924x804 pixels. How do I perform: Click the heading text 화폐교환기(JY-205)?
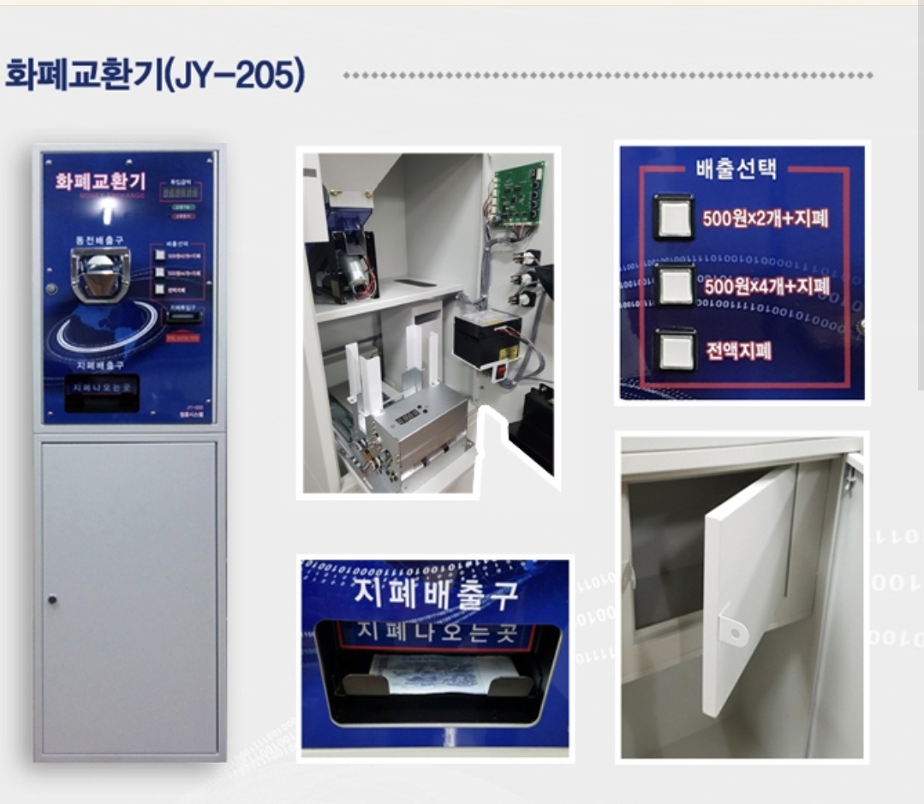(155, 76)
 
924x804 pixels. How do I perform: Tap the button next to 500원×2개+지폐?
(672, 215)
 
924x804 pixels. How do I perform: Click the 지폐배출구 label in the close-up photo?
(435, 593)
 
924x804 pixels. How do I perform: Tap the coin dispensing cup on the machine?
(100, 272)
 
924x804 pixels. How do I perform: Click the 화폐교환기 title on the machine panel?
(100, 182)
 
